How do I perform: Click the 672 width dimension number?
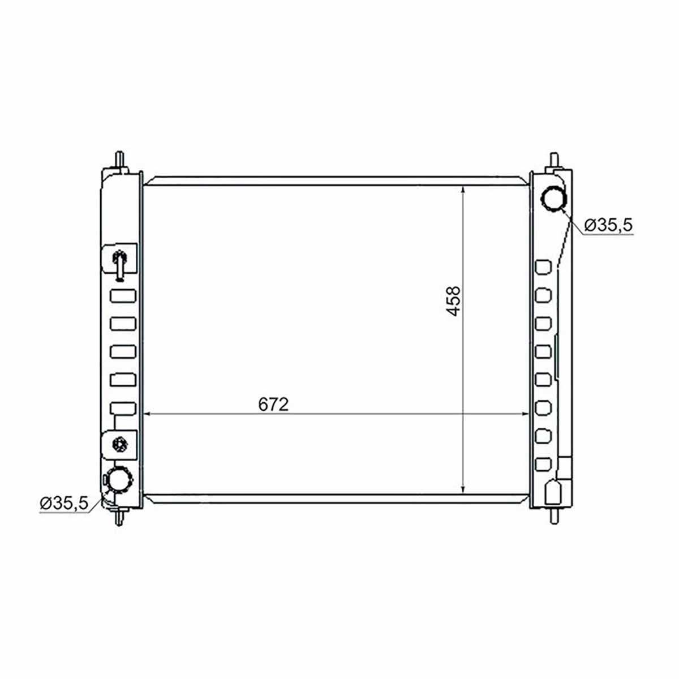click(x=273, y=404)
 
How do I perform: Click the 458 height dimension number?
click(x=453, y=301)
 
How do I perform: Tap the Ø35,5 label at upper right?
click(x=608, y=225)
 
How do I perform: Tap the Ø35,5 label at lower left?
click(x=64, y=503)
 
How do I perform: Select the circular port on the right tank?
click(x=554, y=199)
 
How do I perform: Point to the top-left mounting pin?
click(x=120, y=161)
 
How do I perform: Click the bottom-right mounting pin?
click(x=555, y=516)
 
